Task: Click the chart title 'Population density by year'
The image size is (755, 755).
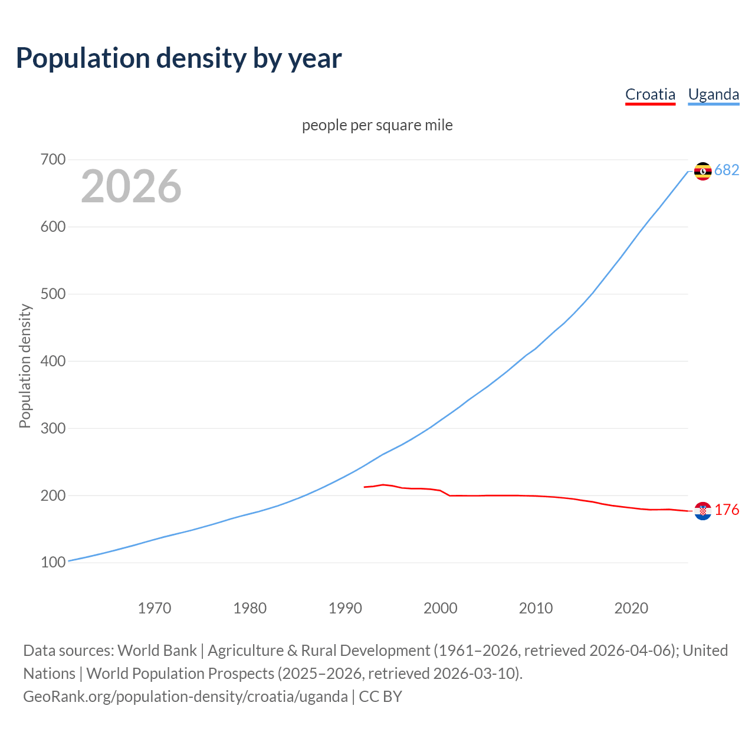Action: pos(179,58)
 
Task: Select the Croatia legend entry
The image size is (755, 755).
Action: pos(650,94)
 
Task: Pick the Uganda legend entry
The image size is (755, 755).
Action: pos(714,94)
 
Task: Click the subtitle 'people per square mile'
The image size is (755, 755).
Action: pos(377,125)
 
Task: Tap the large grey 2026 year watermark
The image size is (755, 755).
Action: pos(131,186)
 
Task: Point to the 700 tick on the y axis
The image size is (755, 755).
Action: pos(53,160)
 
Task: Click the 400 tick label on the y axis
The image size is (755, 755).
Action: pos(53,361)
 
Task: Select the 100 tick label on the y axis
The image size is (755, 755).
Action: pos(53,563)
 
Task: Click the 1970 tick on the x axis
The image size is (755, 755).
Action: pos(155,608)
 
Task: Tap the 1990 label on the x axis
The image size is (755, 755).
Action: pos(345,608)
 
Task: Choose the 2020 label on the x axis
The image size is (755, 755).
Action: pos(631,608)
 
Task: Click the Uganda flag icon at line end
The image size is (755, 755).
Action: pos(703,171)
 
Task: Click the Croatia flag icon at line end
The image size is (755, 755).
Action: pos(703,511)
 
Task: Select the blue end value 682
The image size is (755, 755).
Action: pos(727,170)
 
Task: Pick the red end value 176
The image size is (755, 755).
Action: pos(727,510)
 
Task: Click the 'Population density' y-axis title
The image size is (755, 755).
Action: pos(25,366)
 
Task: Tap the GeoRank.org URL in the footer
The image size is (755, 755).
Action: pos(185,697)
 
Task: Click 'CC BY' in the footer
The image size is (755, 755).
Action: pos(380,697)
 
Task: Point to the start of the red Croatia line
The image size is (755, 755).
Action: pos(365,487)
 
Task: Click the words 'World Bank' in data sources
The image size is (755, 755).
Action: pos(157,651)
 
